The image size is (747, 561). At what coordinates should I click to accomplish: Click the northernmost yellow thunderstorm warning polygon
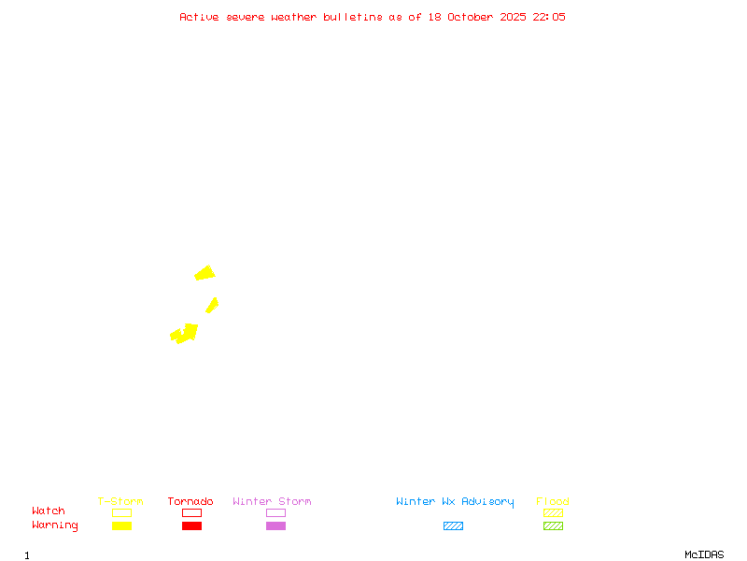[204, 273]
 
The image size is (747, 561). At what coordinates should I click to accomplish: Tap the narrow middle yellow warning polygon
[212, 305]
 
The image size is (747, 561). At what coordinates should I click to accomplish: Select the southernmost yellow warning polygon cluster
[185, 333]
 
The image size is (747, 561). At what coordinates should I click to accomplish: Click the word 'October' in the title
[477, 17]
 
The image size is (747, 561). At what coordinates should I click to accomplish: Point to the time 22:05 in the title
[549, 17]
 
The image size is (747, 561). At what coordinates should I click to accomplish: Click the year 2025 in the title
[512, 17]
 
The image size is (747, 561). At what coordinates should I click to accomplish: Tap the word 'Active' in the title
[200, 17]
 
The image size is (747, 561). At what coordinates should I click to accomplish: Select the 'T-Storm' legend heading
[120, 501]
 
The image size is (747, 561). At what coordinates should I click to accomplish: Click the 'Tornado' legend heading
[190, 501]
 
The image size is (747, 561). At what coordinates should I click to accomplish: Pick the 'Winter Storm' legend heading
[272, 501]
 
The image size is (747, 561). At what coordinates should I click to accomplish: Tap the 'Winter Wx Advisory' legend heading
[455, 501]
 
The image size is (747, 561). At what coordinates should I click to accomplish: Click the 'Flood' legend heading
[553, 501]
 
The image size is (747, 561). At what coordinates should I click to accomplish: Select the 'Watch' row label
[49, 511]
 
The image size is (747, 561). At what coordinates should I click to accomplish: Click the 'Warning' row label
[55, 525]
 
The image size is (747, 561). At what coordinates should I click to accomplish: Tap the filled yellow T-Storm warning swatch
[121, 525]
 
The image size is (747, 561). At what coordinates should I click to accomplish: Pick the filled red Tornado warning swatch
[191, 525]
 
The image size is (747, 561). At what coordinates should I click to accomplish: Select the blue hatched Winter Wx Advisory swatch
[453, 525]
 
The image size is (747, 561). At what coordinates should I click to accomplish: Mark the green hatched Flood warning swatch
[553, 525]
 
